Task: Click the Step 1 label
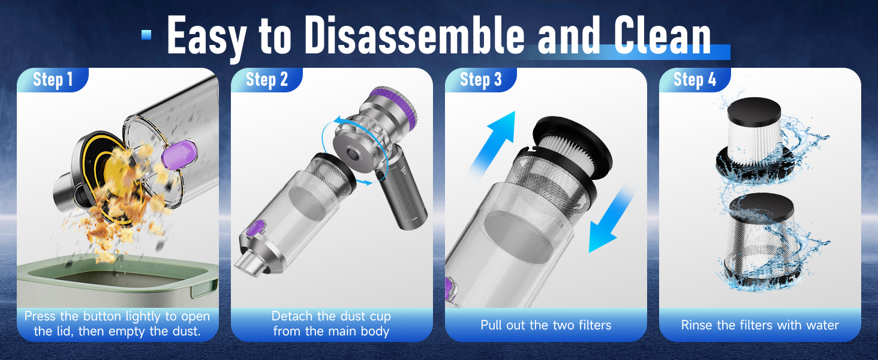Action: pyautogui.click(x=52, y=80)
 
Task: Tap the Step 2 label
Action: pyautogui.click(x=266, y=80)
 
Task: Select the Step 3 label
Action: pyautogui.click(x=480, y=80)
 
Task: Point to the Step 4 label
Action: pyautogui.click(x=694, y=80)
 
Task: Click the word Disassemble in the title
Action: pyautogui.click(x=413, y=37)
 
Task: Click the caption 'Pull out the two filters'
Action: pyautogui.click(x=546, y=325)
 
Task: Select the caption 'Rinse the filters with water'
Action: pyautogui.click(x=760, y=325)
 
